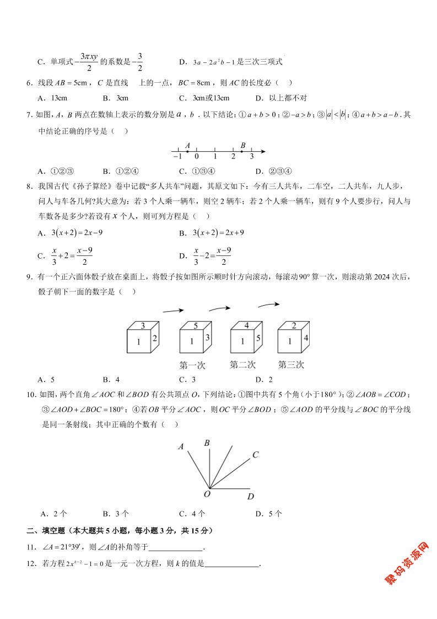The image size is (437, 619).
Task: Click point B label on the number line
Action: pyautogui.click(x=242, y=145)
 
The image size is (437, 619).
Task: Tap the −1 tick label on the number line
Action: pyautogui.click(x=177, y=157)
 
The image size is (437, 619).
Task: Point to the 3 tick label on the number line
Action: pyautogui.click(x=252, y=157)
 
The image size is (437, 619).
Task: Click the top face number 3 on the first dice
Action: pyautogui.click(x=143, y=325)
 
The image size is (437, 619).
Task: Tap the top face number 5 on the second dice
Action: pyautogui.click(x=196, y=325)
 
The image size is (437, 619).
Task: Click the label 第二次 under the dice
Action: pyautogui.click(x=242, y=365)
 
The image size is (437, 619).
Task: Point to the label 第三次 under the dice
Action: pyautogui.click(x=290, y=365)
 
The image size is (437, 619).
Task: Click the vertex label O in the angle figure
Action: pyautogui.click(x=207, y=494)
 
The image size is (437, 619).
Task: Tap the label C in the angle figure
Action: pyautogui.click(x=256, y=455)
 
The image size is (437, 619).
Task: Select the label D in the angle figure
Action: pyautogui.click(x=250, y=497)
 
